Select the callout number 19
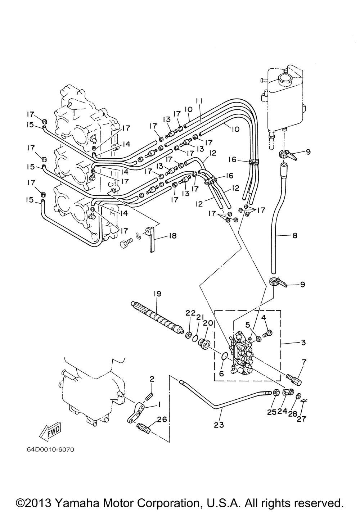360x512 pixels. click(x=157, y=294)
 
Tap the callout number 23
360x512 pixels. click(x=219, y=425)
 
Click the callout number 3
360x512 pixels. click(x=303, y=343)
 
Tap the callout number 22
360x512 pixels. click(x=190, y=313)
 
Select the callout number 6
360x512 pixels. click(x=221, y=374)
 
